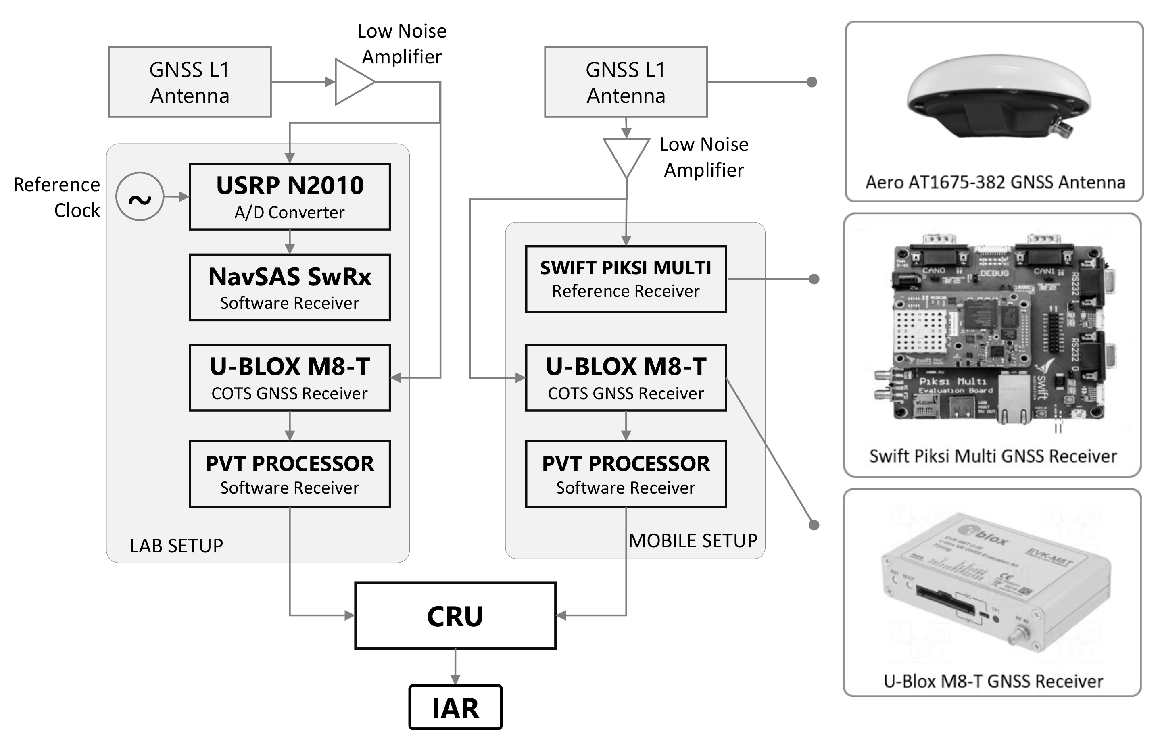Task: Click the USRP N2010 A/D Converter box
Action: [x=290, y=196]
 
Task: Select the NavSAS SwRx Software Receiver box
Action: [x=290, y=287]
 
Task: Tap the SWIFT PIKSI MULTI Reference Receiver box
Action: [x=626, y=279]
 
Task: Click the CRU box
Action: [x=455, y=616]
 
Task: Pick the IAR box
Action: [x=455, y=707]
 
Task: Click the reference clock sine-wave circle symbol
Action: [x=140, y=196]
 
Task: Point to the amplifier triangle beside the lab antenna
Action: [x=353, y=82]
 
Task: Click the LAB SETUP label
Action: [x=176, y=546]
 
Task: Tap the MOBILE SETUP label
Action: [x=693, y=541]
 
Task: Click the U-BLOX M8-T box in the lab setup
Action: [x=290, y=377]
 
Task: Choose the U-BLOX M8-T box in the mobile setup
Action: [x=626, y=377]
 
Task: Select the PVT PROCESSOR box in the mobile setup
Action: [x=626, y=474]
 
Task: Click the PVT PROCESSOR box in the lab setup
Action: [x=290, y=474]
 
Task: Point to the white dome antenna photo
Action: [x=998, y=96]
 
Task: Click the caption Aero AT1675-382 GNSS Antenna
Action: [x=995, y=182]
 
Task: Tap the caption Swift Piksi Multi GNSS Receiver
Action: [x=993, y=456]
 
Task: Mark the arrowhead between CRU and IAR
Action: [x=455, y=679]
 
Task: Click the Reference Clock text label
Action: [x=57, y=198]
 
